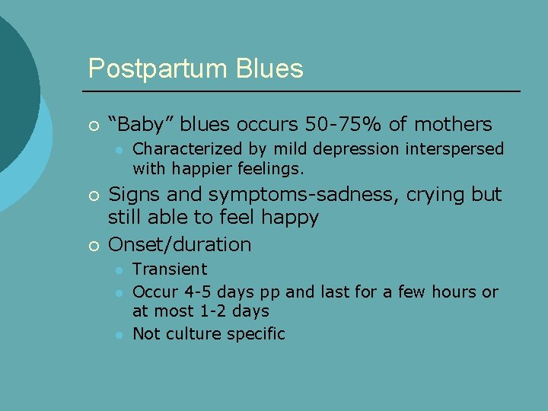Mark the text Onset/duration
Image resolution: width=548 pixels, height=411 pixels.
180,244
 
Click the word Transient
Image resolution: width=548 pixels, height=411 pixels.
170,269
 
